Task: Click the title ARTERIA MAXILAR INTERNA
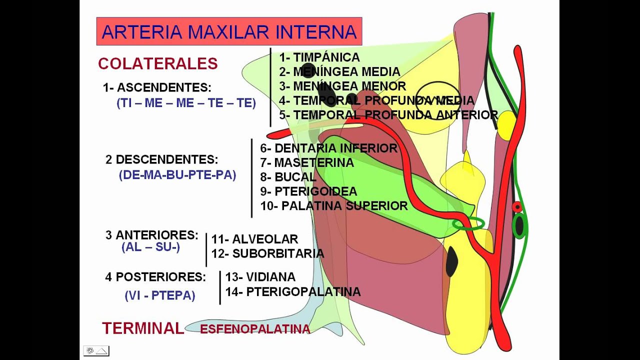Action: tap(229, 32)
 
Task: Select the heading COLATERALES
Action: tap(158, 64)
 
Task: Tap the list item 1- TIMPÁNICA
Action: tap(319, 57)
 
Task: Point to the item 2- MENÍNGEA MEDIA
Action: tap(339, 72)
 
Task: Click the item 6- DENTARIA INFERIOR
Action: tap(328, 148)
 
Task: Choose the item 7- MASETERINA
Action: tap(307, 163)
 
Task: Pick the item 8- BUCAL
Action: tap(288, 177)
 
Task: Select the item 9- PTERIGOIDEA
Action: tap(308, 191)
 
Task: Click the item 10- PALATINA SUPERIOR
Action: tap(333, 206)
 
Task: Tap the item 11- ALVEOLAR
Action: tap(254, 239)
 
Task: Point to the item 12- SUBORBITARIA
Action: tap(267, 254)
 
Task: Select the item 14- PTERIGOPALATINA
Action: tap(292, 292)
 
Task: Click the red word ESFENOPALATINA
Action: tap(255, 329)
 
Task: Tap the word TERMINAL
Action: tap(143, 328)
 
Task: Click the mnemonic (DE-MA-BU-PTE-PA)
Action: tap(177, 175)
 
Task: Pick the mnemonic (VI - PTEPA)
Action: tap(160, 295)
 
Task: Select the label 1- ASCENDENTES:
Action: tap(157, 88)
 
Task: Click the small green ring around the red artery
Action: tap(468, 223)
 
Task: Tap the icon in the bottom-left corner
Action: tap(96, 350)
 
